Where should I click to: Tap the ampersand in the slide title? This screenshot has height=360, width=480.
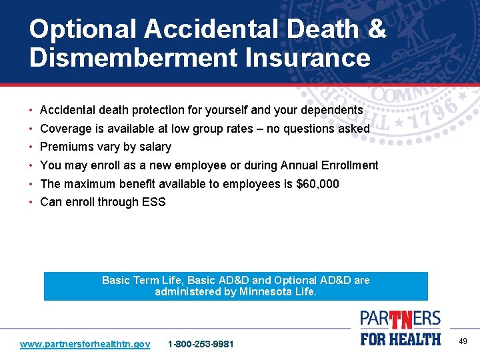pos(377,29)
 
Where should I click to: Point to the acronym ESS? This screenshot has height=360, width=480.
pos(153,202)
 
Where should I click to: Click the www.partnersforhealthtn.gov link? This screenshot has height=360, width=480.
pos(85,344)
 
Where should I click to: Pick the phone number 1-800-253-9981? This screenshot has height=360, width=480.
pos(201,344)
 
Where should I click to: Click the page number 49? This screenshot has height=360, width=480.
pos(463,341)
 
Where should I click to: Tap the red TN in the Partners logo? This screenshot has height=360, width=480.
pos(401,319)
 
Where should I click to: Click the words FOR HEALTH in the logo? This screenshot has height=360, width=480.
pos(401,339)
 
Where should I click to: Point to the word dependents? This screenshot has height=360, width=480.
pos(331,109)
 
